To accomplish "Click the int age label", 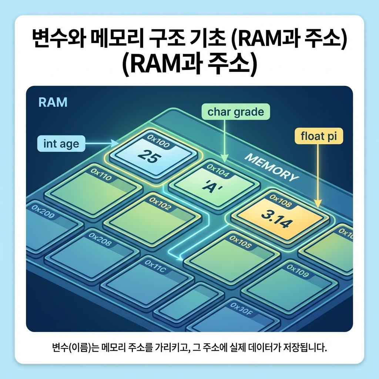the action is pos(61,144).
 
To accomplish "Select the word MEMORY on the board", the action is pos(272,168).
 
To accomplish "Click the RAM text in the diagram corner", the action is pos(53,103).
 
